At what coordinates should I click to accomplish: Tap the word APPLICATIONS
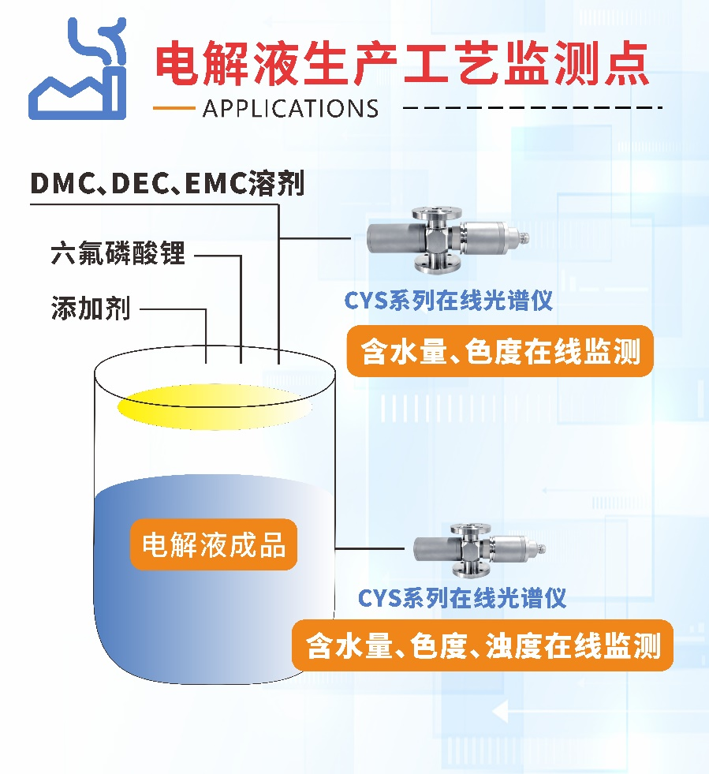(290, 108)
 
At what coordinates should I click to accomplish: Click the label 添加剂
(90, 308)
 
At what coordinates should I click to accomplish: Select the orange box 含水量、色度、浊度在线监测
(482, 646)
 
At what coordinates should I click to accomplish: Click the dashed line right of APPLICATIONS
(536, 107)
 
